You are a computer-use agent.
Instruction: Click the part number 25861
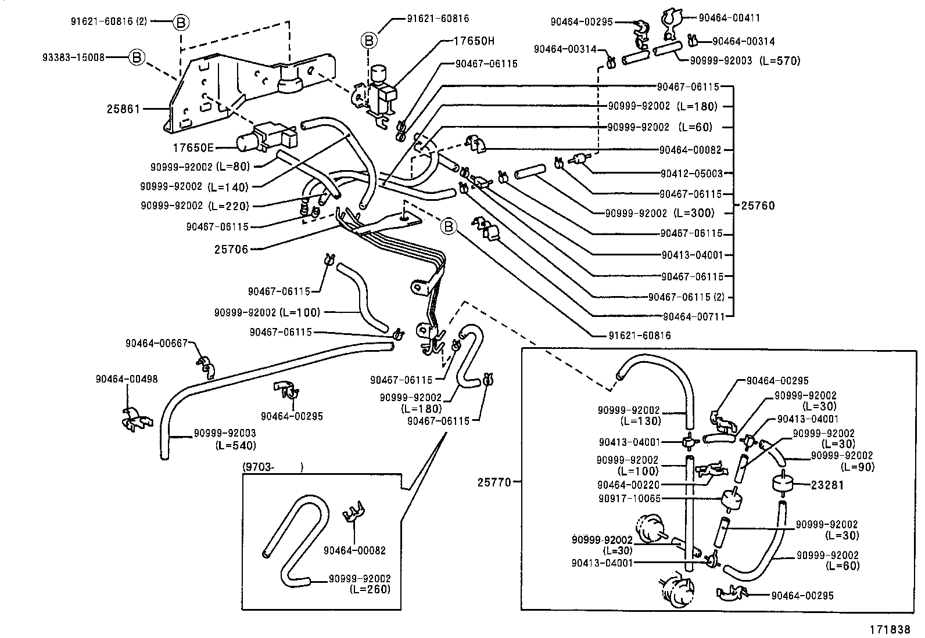[123, 109]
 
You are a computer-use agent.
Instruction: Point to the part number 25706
[231, 250]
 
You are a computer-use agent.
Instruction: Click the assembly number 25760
[758, 206]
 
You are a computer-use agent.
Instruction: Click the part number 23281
[827, 485]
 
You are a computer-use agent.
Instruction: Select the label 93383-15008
[73, 57]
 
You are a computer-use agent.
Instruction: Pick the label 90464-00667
[156, 343]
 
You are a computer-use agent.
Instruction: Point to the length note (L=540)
[235, 446]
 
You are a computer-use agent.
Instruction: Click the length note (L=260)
[370, 589]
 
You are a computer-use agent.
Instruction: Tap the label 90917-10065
[629, 499]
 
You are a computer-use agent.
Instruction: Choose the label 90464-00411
[729, 18]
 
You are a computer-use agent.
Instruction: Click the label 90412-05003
[691, 173]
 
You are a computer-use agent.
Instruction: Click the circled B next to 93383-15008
[136, 57]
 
